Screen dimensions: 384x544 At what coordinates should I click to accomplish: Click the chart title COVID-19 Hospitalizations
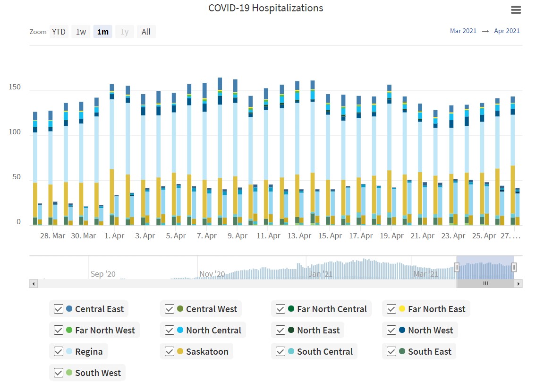(266, 8)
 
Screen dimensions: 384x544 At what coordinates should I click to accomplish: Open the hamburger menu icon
(516, 10)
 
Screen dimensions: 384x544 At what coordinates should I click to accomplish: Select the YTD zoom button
(59, 32)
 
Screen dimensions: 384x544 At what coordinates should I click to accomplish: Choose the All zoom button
(146, 32)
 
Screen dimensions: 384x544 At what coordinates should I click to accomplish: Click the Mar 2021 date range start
(463, 31)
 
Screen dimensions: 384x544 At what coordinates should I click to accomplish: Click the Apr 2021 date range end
(507, 31)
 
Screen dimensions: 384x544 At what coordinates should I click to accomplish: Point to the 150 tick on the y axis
(15, 87)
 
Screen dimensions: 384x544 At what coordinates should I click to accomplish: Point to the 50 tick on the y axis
(17, 177)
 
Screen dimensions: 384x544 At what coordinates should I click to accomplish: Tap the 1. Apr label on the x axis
(115, 236)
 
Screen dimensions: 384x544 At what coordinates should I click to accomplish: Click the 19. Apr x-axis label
(391, 236)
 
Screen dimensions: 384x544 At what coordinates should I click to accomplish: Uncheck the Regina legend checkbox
(59, 351)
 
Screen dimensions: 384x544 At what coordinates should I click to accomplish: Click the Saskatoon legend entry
(207, 351)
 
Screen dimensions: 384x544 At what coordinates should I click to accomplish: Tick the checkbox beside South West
(59, 373)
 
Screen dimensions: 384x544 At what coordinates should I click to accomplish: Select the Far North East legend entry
(436, 309)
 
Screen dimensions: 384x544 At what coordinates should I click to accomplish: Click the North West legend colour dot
(402, 330)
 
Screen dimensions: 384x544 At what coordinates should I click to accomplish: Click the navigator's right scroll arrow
(518, 284)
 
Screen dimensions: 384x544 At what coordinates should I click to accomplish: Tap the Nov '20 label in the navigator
(212, 274)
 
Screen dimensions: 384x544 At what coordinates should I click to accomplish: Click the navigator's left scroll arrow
(33, 284)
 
